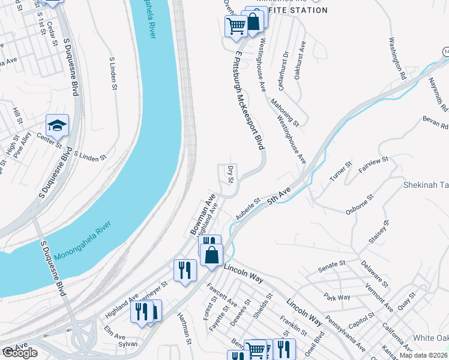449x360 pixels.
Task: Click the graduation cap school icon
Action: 58,125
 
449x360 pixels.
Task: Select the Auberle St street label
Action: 247,208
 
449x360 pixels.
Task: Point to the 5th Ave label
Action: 279,198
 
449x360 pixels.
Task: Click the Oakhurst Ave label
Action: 300,61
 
